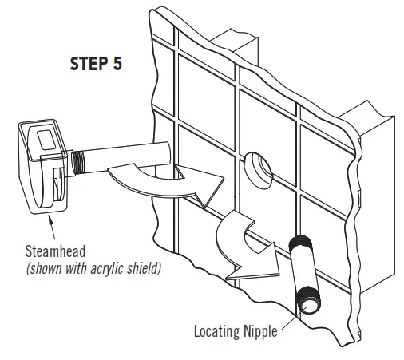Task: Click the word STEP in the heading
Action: tap(84, 64)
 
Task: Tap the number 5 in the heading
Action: tap(117, 64)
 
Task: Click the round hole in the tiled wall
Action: tap(260, 165)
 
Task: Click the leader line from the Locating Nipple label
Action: tap(289, 319)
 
